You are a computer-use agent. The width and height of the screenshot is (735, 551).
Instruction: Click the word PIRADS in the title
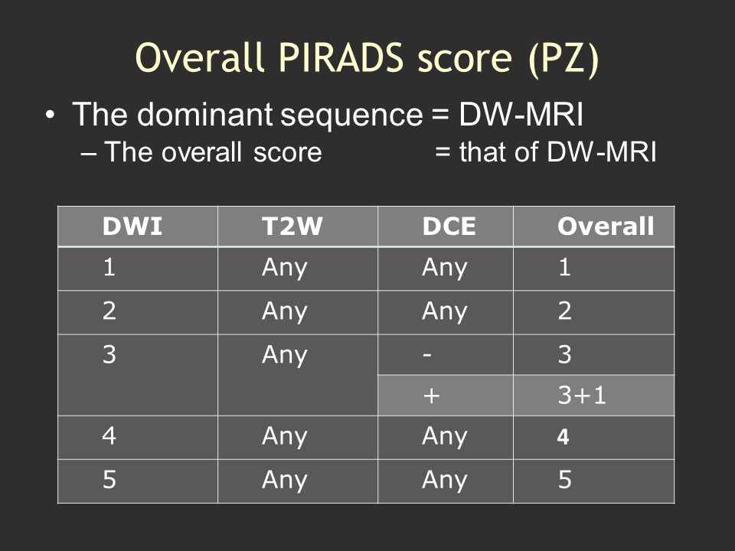[341, 57]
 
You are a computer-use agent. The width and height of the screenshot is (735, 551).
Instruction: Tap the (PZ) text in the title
[563, 60]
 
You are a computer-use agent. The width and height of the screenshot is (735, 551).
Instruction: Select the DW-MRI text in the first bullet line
[521, 114]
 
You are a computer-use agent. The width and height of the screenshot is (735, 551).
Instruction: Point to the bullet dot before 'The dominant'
[51, 115]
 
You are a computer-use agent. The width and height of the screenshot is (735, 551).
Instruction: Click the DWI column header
[132, 227]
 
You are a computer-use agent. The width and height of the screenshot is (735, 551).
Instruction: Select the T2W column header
[292, 227]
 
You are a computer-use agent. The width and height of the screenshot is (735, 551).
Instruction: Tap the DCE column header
[449, 227]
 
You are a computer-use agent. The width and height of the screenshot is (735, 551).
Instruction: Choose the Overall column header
[606, 227]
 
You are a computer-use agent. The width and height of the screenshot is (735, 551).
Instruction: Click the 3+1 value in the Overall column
[582, 395]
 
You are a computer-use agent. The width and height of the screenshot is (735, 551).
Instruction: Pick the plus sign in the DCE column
[431, 396]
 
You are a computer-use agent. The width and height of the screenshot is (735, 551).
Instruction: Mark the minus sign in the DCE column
[426, 354]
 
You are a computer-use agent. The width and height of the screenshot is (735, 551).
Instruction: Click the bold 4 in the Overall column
[563, 437]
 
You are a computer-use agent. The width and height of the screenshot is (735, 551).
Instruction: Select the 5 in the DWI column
[109, 479]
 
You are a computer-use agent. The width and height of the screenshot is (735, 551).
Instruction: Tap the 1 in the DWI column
[109, 268]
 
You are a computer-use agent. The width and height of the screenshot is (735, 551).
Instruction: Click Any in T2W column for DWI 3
[285, 356]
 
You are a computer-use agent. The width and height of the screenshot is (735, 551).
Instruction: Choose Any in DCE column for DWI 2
[444, 312]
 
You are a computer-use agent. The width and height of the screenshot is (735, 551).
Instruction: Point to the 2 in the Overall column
[564, 311]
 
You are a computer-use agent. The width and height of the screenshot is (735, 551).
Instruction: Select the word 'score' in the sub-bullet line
[287, 152]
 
